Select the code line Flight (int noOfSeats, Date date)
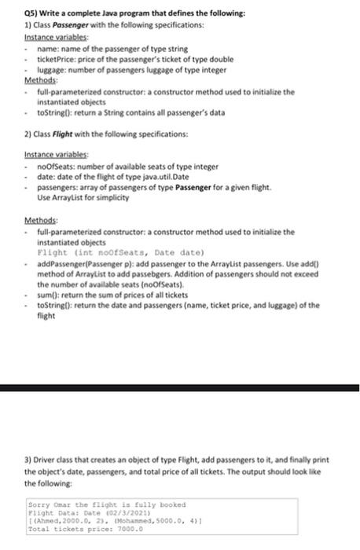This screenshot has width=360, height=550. point(108,254)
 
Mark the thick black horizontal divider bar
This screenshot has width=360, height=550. point(180,388)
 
